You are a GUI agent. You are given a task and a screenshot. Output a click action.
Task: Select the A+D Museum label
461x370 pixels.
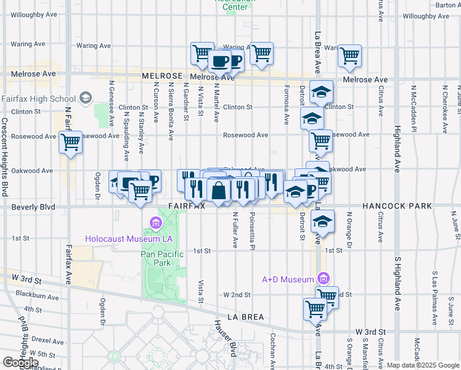(288, 279)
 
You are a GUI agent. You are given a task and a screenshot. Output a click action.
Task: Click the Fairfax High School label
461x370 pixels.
(38, 99)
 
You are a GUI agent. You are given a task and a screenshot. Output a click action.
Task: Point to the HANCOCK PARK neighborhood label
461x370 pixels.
(396, 206)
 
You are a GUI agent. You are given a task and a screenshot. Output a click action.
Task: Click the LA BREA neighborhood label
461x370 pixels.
(245, 317)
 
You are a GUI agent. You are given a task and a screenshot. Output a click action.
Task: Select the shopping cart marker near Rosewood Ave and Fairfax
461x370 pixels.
(71, 144)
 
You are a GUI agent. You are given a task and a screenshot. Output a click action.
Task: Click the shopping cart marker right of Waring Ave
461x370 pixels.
(349, 56)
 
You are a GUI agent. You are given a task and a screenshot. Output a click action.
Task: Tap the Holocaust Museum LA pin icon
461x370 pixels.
(154, 222)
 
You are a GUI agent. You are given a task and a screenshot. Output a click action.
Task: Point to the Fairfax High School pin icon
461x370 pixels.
(84, 99)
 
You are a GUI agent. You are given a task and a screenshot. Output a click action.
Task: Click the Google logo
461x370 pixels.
(20, 362)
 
